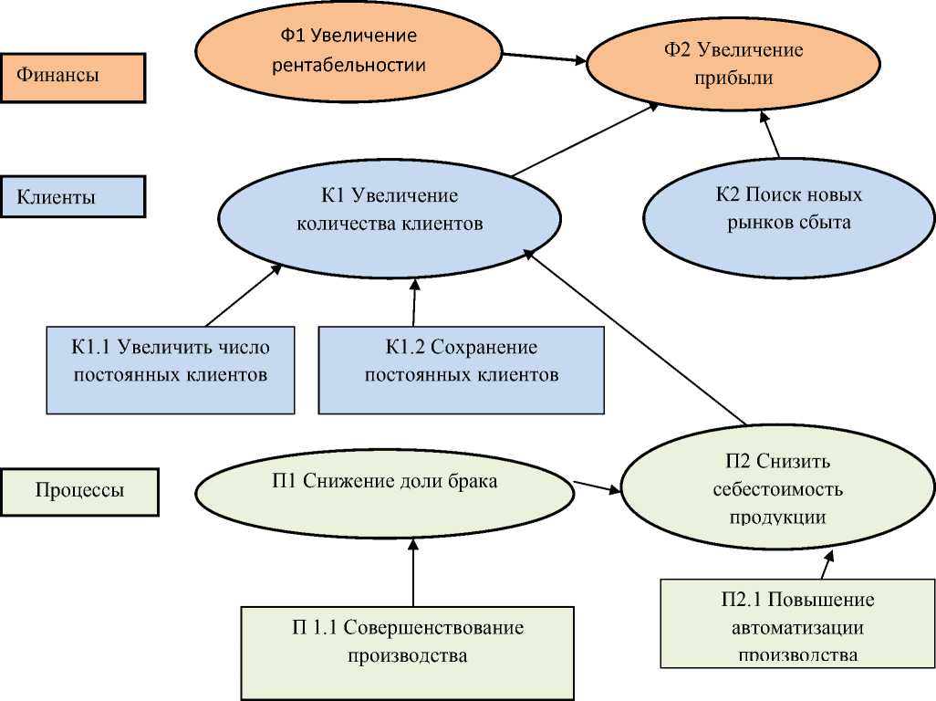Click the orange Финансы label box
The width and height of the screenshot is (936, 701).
[x=73, y=77]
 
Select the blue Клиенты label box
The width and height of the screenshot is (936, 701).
[x=73, y=196]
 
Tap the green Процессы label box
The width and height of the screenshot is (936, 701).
[x=79, y=491]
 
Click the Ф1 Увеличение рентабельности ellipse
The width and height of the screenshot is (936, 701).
[x=348, y=50]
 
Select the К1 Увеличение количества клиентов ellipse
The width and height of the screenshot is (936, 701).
[x=389, y=211]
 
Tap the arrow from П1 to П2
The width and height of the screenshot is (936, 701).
[x=598, y=487]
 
